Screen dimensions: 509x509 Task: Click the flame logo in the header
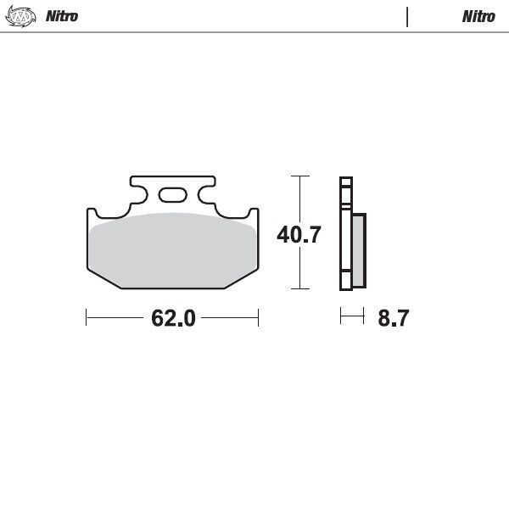(x=20, y=17)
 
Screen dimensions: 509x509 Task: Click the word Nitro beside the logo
(x=62, y=16)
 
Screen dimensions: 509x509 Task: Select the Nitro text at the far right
(x=478, y=17)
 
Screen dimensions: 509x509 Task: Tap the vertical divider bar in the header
(x=407, y=17)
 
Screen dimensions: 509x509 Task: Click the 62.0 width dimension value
(x=173, y=318)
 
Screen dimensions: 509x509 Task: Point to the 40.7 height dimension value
(x=299, y=235)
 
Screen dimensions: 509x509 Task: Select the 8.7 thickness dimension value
(x=393, y=318)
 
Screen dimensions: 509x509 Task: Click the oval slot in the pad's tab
(x=173, y=195)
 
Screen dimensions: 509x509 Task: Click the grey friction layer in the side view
(x=359, y=250)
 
